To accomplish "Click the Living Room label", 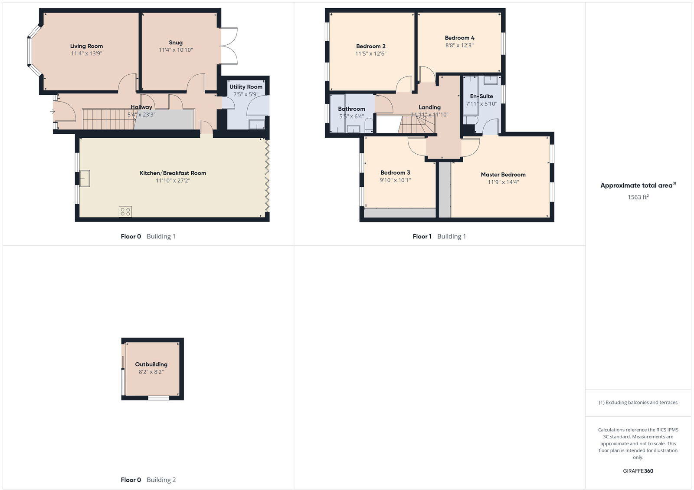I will pos(86,46).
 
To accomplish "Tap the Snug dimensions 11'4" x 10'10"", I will pos(176,50).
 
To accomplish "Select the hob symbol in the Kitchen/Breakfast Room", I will pos(125,212).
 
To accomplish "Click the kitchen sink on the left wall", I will pos(85,178).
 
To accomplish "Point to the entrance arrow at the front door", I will pos(52,112).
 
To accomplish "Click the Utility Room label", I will pos(246,87).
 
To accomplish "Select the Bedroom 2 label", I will pos(371,46).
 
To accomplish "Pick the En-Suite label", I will pos(481,96).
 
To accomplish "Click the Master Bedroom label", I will pos(503,175).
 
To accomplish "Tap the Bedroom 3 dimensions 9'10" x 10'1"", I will pos(395,180).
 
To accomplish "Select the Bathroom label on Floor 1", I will pos(351,109).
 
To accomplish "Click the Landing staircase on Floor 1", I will pos(416,125).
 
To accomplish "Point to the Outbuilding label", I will pos(151,364).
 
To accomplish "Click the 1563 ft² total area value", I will pos(638,197).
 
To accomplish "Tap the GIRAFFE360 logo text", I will pos(638,471).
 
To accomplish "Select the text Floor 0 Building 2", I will pos(148,480).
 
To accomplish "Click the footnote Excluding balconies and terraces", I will pos(638,402).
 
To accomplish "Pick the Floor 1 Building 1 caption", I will pos(439,236).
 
